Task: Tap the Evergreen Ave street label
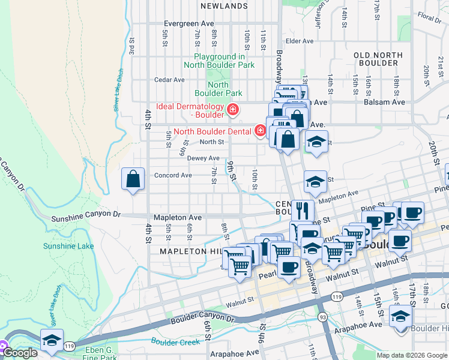point(188,23)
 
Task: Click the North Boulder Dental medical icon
point(261,130)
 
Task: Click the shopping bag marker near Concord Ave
point(133,179)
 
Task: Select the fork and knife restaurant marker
point(303,211)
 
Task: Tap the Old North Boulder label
point(378,59)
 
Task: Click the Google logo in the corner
point(19,353)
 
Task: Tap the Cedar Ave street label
point(169,80)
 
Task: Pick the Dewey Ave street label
point(203,158)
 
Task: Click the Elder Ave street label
point(300,41)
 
